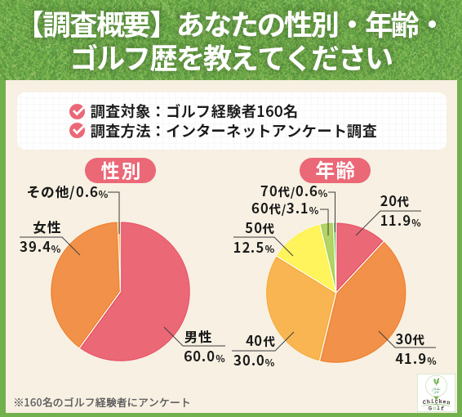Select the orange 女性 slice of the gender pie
[x=82, y=278]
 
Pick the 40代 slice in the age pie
[x=298, y=307]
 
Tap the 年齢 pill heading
[x=335, y=170]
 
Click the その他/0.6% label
[x=68, y=192]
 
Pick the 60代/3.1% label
[x=285, y=209]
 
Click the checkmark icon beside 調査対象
[x=78, y=110]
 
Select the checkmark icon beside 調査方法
[x=78, y=131]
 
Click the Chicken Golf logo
[x=436, y=393]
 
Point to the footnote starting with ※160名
[x=102, y=402]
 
